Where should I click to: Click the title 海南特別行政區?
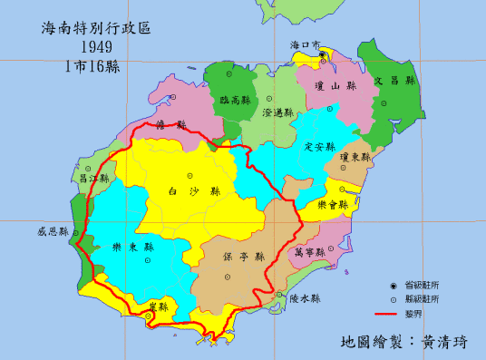coord(94,27)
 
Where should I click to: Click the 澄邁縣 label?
coord(277,113)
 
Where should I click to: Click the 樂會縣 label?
coord(345,206)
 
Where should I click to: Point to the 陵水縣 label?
coord(305,298)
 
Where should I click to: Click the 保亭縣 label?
coord(240,258)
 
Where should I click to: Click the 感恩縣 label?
coord(53,231)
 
